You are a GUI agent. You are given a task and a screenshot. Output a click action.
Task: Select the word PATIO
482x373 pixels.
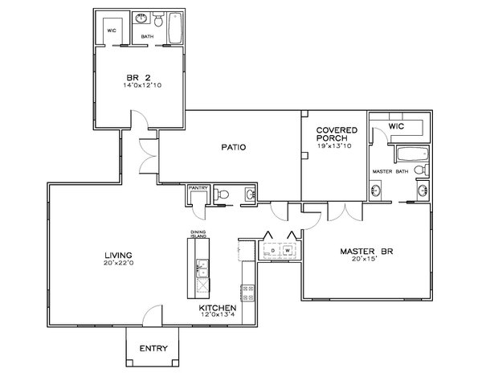[233, 147]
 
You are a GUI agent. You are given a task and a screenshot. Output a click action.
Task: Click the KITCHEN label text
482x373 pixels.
[217, 308]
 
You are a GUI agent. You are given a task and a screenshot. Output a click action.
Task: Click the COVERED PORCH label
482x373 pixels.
[336, 133]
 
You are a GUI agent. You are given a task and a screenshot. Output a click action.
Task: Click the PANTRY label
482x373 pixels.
[198, 190]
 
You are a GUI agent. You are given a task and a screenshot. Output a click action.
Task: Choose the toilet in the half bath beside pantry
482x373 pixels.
[226, 194]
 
